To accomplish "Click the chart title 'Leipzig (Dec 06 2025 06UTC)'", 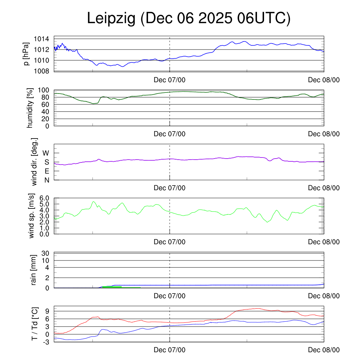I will tap(189, 19).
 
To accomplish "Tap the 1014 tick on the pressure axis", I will tap(44, 39).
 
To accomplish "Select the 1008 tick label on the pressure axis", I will tap(44, 71).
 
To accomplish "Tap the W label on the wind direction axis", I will tap(46, 153).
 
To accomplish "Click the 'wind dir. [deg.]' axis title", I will tap(35, 162).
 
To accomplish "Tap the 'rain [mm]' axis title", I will tap(34, 270).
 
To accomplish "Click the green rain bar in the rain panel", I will tap(112, 287).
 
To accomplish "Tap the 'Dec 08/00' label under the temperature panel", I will tap(324, 350).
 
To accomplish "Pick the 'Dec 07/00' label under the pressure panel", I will tap(169, 80).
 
